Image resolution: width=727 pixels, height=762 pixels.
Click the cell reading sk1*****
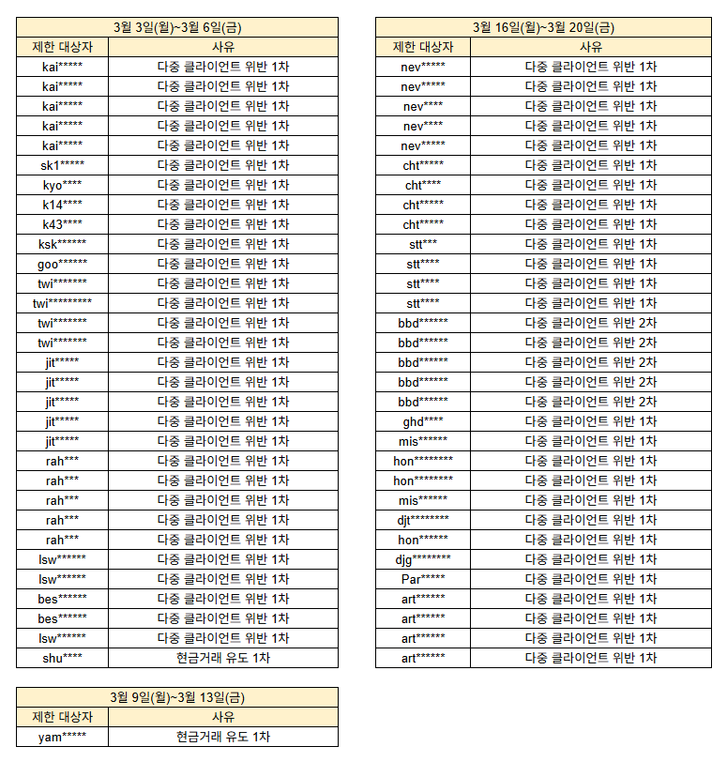coord(62,165)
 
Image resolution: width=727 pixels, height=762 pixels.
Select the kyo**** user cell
coord(62,185)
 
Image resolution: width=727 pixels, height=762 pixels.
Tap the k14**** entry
coord(62,205)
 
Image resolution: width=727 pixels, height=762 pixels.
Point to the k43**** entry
coord(62,224)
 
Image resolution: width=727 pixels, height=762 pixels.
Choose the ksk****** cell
coord(62,244)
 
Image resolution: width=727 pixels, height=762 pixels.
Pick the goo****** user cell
coord(62,264)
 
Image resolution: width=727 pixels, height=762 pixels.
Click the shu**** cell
coord(62,658)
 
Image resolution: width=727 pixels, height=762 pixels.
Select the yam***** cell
coord(62,737)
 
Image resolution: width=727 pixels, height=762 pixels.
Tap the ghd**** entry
coord(423,421)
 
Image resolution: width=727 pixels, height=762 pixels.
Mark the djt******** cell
coord(423,520)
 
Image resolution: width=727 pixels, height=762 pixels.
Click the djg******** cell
coord(423,559)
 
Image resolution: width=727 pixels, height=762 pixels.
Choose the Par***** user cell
coord(423,579)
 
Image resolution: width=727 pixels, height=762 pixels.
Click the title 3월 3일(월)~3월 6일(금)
coord(177,27)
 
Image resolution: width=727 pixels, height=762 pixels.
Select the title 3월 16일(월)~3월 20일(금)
coord(544,27)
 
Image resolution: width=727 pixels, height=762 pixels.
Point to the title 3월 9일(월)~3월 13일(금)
coord(177,697)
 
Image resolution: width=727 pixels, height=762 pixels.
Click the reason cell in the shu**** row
coord(223,658)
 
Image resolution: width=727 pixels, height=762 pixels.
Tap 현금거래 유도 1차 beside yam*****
coord(223,737)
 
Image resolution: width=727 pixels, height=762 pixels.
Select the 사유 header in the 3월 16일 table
coord(591,47)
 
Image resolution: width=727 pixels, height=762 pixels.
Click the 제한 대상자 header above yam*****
coord(62,717)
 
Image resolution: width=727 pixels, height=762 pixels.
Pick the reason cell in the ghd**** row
coord(591,421)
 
